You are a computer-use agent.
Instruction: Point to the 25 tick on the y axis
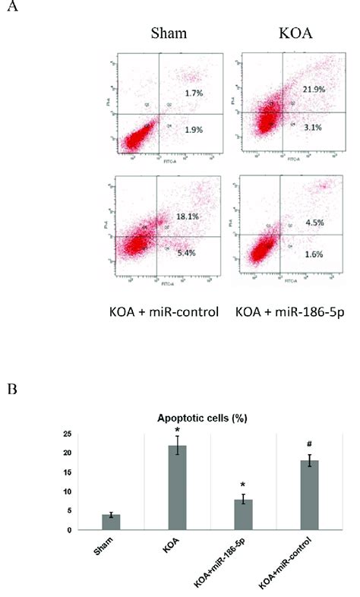(68, 434)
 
